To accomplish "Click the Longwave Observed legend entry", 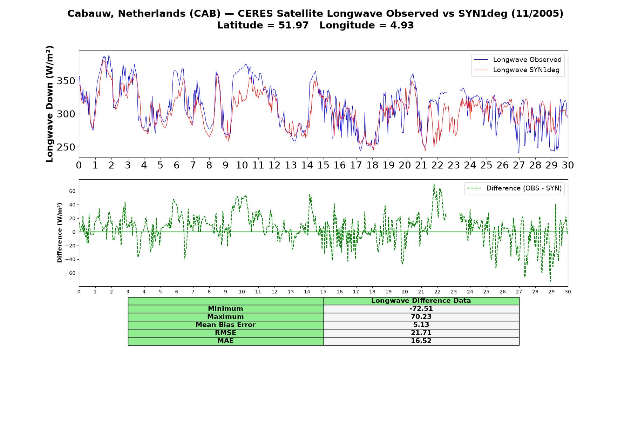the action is (517, 60).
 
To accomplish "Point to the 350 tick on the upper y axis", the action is (66, 81).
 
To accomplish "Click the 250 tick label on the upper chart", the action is (66, 147).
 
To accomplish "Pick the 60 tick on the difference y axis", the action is (72, 191).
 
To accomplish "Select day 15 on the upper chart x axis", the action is (323, 165).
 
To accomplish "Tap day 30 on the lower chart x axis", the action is (568, 292).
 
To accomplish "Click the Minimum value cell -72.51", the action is (421, 309).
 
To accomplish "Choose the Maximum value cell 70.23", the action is (421, 317).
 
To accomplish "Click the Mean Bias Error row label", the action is (225, 325).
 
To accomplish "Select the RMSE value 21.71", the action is (421, 333).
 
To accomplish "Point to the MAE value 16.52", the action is (421, 341).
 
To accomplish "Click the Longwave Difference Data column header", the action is (421, 301).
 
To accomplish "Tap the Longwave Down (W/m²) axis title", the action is (50, 104).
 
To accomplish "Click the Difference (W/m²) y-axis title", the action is (60, 233).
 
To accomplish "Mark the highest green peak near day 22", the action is (434, 184).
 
